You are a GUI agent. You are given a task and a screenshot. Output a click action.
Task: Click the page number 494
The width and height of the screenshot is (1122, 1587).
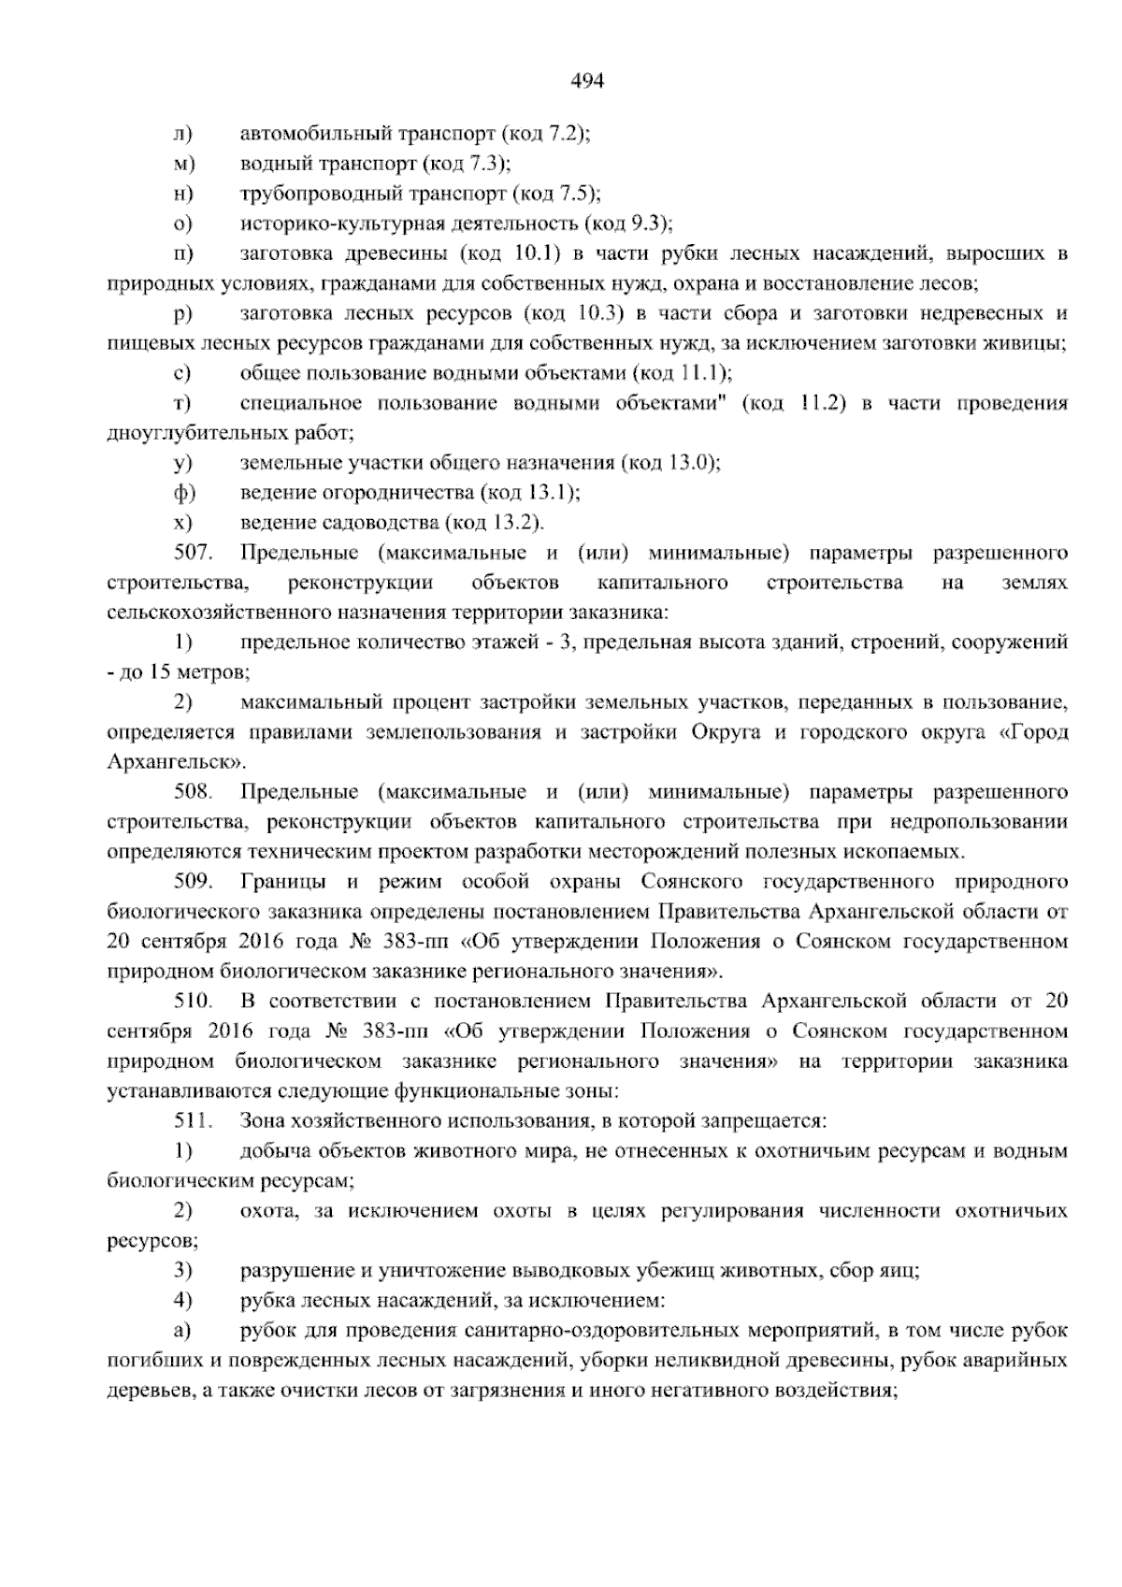click(x=587, y=81)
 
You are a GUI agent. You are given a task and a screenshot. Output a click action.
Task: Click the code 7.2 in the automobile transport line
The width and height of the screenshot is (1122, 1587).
click(x=569, y=135)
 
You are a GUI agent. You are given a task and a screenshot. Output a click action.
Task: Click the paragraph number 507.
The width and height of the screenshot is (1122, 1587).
click(x=194, y=553)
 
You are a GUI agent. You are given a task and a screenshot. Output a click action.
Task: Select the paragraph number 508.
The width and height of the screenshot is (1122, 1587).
click(x=194, y=792)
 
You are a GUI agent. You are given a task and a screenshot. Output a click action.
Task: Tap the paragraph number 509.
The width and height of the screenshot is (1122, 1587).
click(x=194, y=882)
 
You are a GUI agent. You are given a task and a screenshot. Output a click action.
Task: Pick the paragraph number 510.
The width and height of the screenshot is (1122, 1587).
click(x=194, y=1002)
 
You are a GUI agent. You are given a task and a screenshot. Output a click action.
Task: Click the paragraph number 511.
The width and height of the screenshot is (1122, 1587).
click(x=194, y=1121)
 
